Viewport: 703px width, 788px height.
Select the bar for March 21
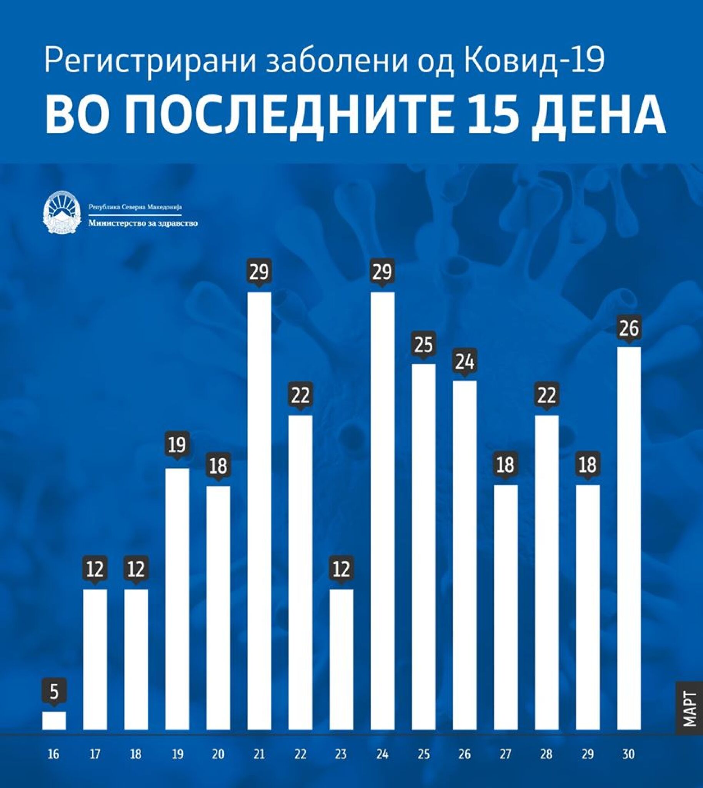259,510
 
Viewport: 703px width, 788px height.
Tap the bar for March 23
341,659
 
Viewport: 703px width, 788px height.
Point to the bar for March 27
506,607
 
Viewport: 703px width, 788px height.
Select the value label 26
629,328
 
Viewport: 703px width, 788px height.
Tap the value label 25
423,345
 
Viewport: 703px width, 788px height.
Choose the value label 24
465,362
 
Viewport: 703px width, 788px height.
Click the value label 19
177,445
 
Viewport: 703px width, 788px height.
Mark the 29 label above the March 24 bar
382,272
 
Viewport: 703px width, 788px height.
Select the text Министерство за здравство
143,224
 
